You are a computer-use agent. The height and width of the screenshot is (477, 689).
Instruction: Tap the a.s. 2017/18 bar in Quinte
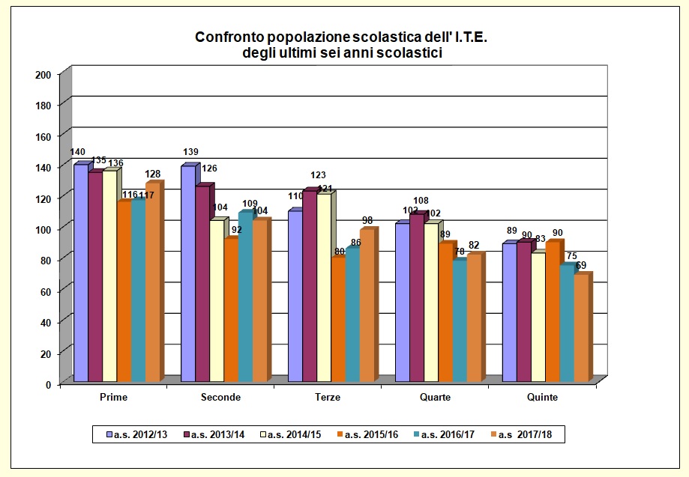[580, 329]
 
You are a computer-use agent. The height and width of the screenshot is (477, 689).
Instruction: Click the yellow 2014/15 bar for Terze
[323, 288]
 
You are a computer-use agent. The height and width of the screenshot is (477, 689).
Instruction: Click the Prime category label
[113, 398]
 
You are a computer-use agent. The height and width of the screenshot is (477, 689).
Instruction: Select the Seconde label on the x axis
[220, 398]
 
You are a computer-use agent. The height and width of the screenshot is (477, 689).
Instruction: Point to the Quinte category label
[542, 398]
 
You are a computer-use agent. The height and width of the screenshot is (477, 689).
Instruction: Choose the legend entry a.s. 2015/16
[374, 434]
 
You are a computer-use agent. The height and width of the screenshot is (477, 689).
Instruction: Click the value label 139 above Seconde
[190, 153]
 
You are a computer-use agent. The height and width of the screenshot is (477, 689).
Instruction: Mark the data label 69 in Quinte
[581, 265]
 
